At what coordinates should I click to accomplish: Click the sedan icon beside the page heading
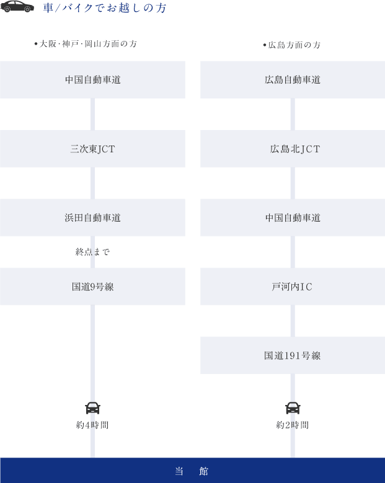tap(17, 6)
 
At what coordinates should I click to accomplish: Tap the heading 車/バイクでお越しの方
tap(105, 7)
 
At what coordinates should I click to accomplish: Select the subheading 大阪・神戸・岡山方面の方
tap(86, 44)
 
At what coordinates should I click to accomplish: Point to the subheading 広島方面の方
tap(292, 45)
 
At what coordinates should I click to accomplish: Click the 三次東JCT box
tap(92, 149)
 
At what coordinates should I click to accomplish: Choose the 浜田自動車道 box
tap(92, 217)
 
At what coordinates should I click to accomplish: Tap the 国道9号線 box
tap(92, 287)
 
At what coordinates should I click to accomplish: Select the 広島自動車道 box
tap(293, 80)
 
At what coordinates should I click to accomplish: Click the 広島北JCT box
tap(293, 149)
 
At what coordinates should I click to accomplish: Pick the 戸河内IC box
tap(293, 287)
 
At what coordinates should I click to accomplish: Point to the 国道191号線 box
tap(293, 355)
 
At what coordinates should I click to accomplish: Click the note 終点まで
tap(92, 252)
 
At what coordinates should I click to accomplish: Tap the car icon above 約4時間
tap(92, 408)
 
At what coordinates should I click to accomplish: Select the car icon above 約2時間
tap(293, 408)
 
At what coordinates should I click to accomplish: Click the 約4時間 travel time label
tap(92, 425)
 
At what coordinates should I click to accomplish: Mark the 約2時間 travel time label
tap(293, 425)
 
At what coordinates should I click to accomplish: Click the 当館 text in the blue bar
tap(192, 471)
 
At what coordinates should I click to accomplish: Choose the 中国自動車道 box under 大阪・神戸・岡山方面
tap(92, 80)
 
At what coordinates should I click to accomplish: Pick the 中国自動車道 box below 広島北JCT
tap(293, 217)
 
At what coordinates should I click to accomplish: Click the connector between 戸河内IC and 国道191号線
tap(293, 321)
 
